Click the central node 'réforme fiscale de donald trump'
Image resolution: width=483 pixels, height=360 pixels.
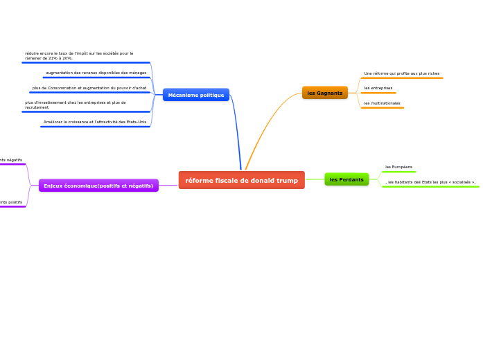tap(241, 180)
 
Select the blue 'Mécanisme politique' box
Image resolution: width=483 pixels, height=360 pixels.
tap(196, 95)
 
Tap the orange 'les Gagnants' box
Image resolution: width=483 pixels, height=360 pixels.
tap(324, 93)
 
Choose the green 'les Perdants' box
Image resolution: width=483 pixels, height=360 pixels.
tap(346, 179)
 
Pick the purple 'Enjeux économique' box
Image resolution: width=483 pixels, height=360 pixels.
tap(98, 186)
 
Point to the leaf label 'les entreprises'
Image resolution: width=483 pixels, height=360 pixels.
tap(378, 88)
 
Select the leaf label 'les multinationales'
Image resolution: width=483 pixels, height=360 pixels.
tap(382, 103)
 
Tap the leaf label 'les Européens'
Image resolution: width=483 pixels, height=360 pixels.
tap(398, 167)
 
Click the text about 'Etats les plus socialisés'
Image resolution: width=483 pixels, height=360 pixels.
tap(430, 182)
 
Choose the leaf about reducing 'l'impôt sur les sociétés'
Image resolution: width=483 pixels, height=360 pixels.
tap(79, 55)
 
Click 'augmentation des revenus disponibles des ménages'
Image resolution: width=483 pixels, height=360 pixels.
tap(96, 73)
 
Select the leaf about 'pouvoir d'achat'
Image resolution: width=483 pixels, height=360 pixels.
tap(89, 88)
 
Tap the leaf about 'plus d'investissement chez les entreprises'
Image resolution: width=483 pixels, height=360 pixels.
tap(76, 105)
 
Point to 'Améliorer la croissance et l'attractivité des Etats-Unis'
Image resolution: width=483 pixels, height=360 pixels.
tap(95, 122)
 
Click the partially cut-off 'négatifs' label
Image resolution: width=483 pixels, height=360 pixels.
tap(11, 160)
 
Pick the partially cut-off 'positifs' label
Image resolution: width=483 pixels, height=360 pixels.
tap(11, 202)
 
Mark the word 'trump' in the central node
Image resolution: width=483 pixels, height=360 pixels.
tap(286, 180)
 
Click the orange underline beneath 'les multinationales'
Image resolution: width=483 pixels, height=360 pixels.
tap(383, 108)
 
